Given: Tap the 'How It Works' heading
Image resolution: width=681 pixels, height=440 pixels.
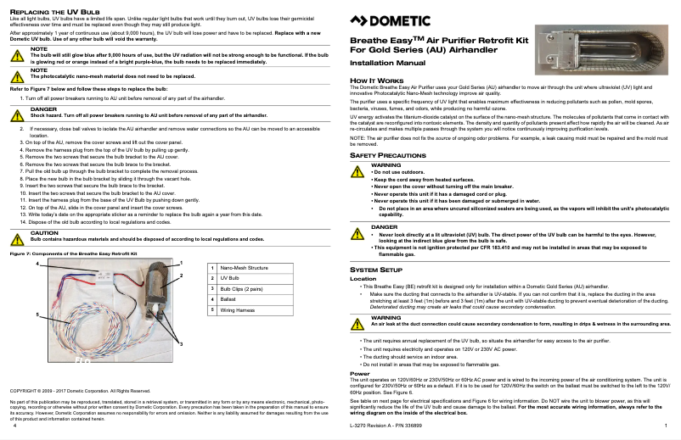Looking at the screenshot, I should coord(370,80).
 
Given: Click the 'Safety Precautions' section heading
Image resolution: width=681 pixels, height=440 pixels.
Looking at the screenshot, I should coord(388,157).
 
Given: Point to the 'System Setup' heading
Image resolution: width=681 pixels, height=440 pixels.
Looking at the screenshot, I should coord(376,270).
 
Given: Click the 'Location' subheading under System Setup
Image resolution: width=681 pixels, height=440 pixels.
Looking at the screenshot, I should coord(363,278).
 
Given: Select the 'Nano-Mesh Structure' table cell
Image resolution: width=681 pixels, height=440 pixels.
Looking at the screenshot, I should coord(245,267).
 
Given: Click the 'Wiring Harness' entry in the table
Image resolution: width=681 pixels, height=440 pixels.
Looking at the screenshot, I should coord(238,310).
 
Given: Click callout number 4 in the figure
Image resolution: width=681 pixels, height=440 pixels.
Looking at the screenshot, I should coord(37,265).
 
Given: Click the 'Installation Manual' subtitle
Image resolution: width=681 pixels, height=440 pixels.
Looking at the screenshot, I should coord(388,64).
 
